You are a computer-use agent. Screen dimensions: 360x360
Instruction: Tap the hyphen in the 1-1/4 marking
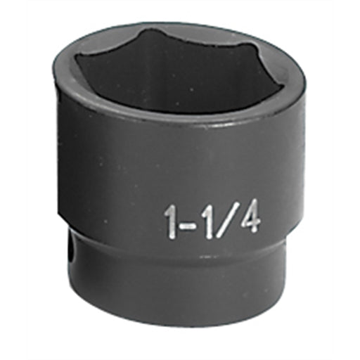click(186, 224)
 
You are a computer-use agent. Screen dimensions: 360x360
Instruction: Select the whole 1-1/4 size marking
click(212, 220)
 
